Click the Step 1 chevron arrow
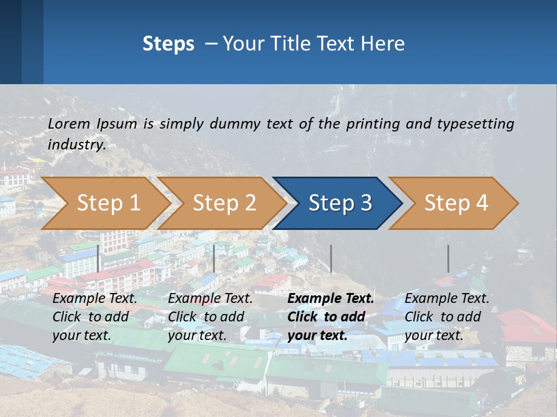(x=108, y=203)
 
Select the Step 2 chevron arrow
(x=224, y=203)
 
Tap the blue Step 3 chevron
(x=339, y=203)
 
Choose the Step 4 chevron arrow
(x=455, y=203)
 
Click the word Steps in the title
(x=168, y=44)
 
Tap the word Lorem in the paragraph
(x=69, y=123)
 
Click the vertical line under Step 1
(x=98, y=258)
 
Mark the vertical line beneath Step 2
(x=214, y=258)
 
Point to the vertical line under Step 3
(x=331, y=258)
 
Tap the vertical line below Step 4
(x=448, y=258)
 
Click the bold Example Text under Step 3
(x=331, y=299)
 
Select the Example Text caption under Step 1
(x=95, y=299)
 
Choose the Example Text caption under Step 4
(x=447, y=299)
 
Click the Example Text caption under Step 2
(x=210, y=299)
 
